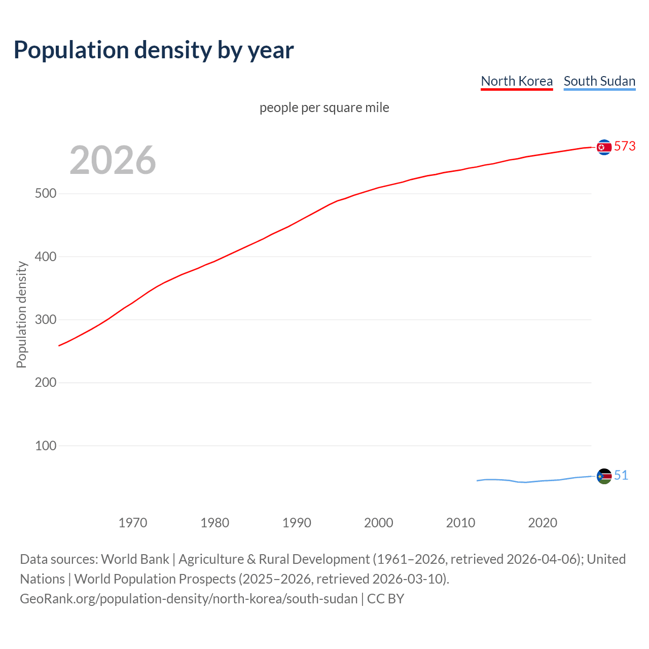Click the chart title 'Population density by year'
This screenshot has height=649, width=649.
(x=154, y=50)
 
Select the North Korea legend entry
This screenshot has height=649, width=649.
(x=516, y=81)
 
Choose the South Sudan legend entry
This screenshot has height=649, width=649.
(x=599, y=81)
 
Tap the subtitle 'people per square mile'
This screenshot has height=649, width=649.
(x=324, y=107)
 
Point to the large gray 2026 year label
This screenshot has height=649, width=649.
(x=113, y=160)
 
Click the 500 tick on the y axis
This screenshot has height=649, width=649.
(x=46, y=194)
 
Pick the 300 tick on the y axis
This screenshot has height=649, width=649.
(x=46, y=319)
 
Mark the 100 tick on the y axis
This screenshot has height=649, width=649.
(x=46, y=446)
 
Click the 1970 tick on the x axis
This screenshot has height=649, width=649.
(x=133, y=522)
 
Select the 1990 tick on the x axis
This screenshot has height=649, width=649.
(x=297, y=522)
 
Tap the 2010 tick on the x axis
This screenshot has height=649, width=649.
(x=460, y=522)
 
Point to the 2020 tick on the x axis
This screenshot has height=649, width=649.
(x=543, y=522)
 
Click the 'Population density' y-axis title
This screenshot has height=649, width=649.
(x=21, y=314)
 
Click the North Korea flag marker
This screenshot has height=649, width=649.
(x=604, y=147)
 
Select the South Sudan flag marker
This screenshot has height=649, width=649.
(x=604, y=476)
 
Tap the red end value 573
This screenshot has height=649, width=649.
(x=625, y=146)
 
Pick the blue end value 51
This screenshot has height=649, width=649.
(x=621, y=475)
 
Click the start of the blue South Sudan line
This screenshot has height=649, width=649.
(x=478, y=481)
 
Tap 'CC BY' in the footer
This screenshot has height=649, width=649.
(x=385, y=598)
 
